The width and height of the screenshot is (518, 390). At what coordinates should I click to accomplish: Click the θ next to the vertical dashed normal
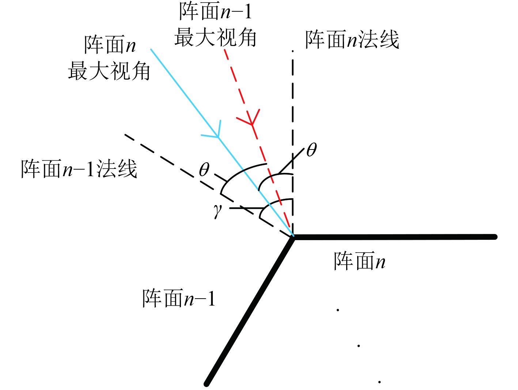tap(311, 150)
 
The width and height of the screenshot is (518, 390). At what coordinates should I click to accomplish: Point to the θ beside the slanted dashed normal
tap(204, 170)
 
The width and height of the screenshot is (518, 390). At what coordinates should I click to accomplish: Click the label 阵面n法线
tap(352, 39)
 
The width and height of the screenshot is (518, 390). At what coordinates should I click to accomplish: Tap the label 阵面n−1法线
tap(79, 169)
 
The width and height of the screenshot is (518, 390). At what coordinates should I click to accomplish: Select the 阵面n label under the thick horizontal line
tap(359, 261)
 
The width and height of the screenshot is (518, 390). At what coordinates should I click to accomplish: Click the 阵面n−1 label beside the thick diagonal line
tap(179, 299)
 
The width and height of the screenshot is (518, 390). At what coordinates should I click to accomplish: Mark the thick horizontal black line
tap(395, 237)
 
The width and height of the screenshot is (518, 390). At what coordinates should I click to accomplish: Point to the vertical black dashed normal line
tap(293, 110)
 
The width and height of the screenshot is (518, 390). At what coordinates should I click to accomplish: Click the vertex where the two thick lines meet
tap(293, 237)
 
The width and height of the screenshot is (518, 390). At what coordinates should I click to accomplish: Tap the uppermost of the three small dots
tap(338, 310)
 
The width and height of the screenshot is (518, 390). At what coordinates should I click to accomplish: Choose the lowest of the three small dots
tap(380, 382)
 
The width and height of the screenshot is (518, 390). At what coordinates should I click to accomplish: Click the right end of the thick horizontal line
tap(495, 237)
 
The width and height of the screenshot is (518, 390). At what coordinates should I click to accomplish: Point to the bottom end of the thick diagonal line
tap(207, 383)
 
